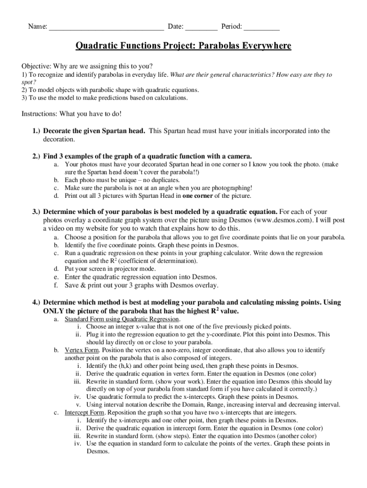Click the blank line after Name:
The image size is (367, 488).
point(106,27)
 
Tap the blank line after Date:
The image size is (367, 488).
point(201,27)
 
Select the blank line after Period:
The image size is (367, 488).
point(263,27)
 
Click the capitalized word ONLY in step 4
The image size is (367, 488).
point(54,311)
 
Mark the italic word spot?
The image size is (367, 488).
point(29,82)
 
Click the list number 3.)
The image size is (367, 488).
point(36,211)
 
